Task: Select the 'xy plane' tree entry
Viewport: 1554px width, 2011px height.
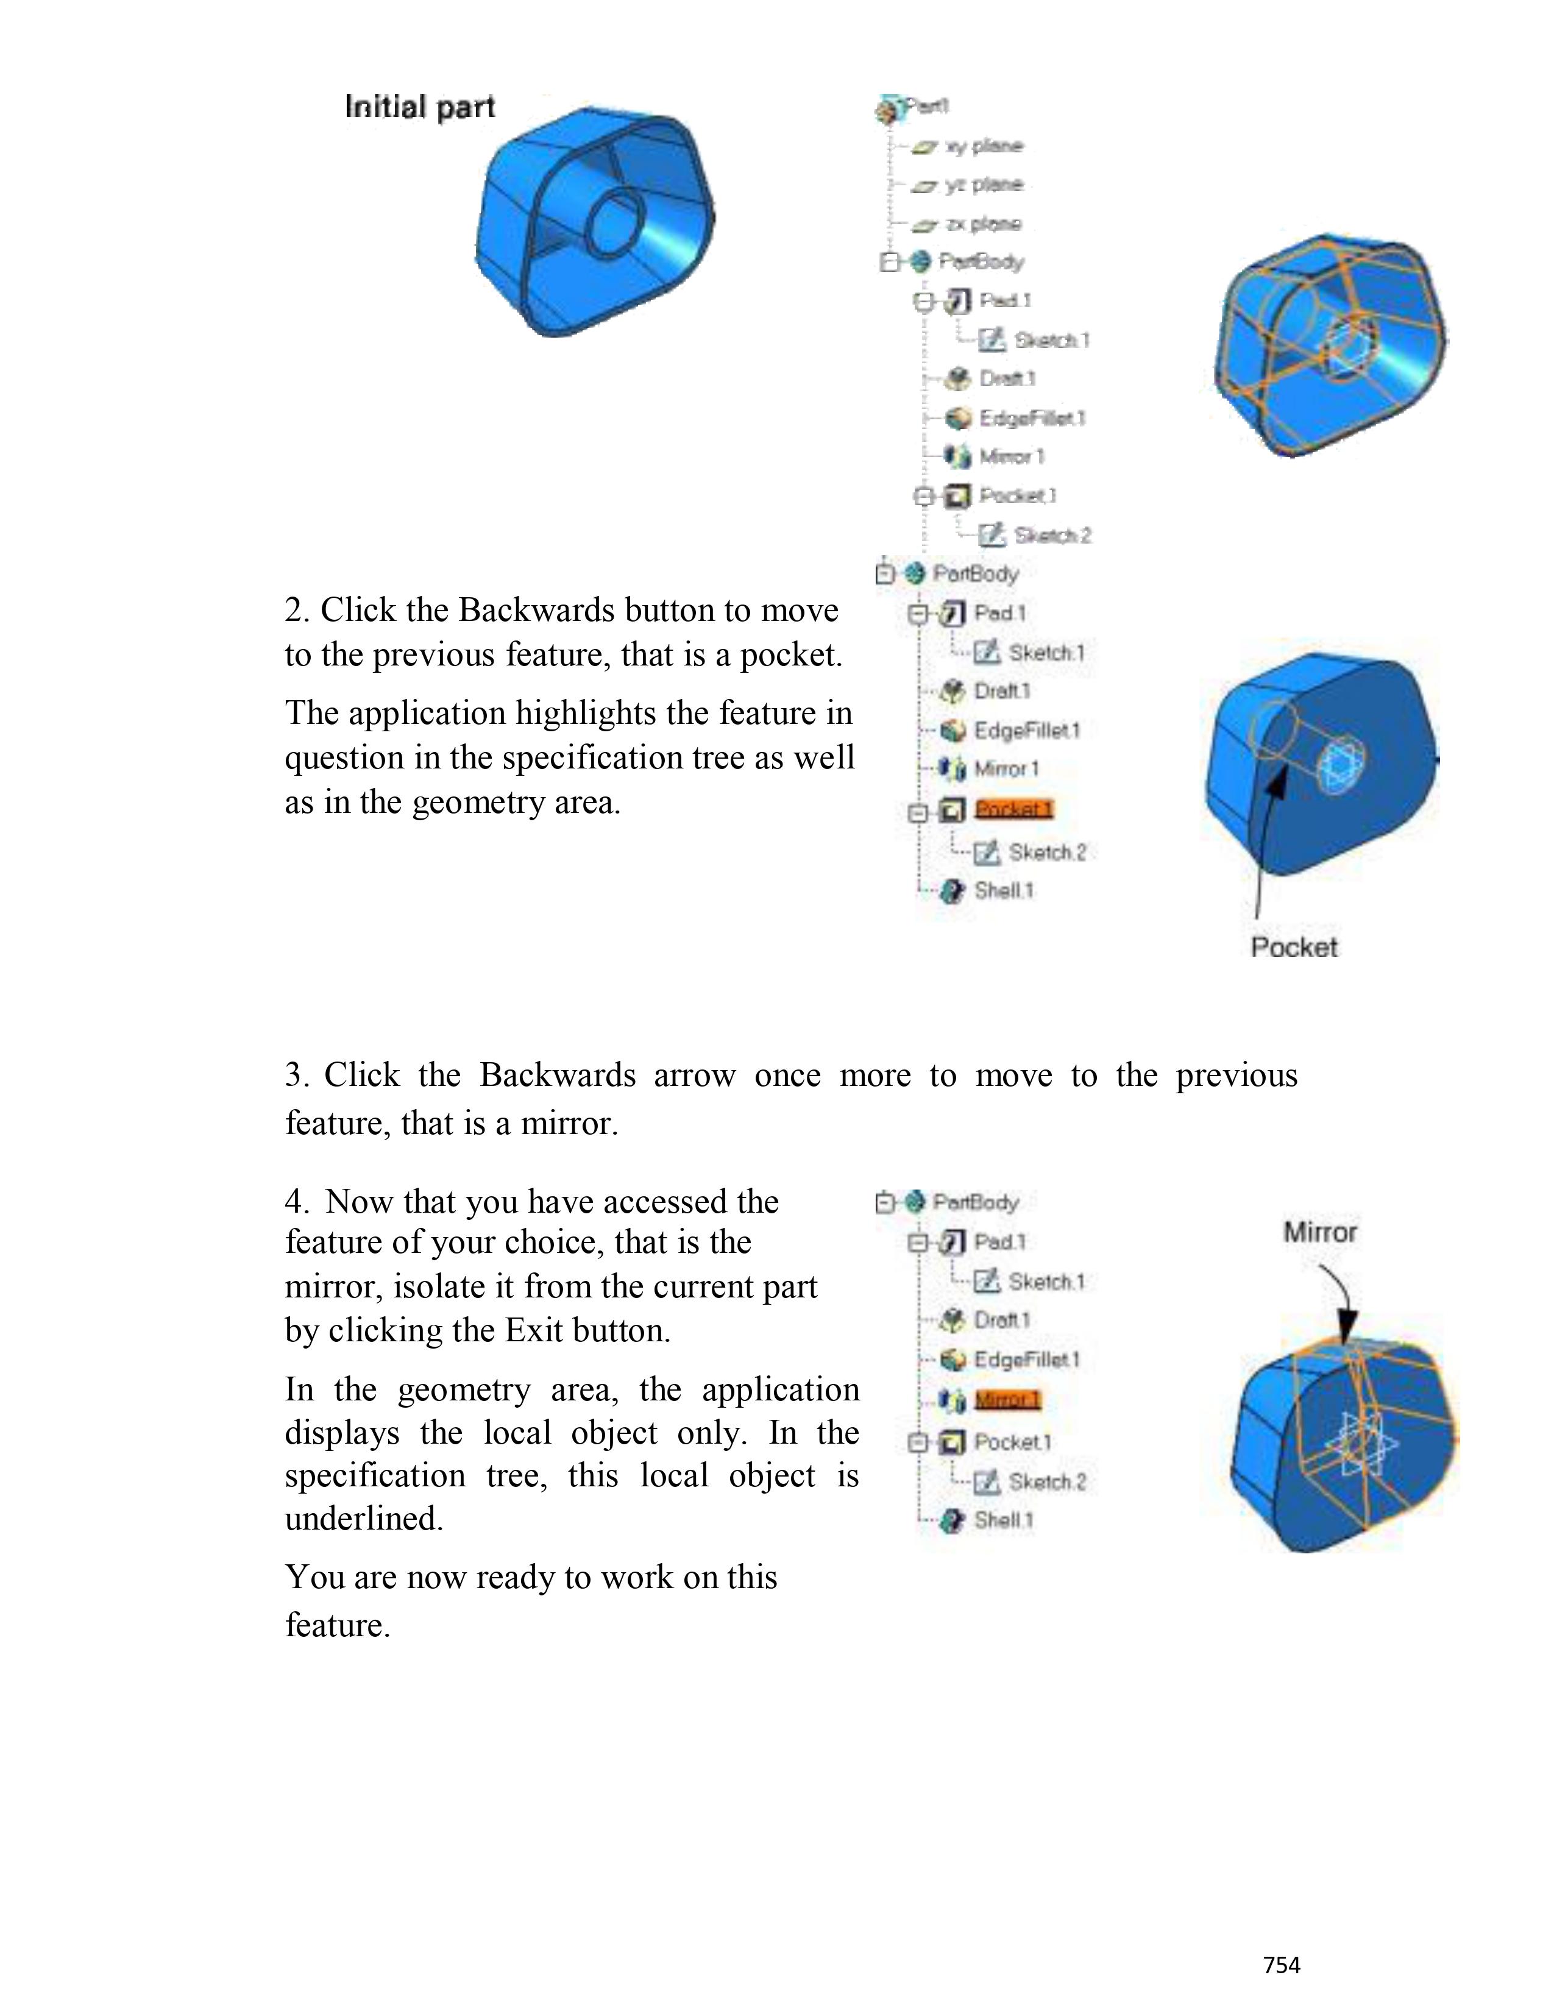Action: (x=983, y=146)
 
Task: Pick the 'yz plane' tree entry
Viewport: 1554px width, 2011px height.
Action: (x=983, y=185)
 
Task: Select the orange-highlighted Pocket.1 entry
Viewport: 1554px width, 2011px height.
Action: (x=1013, y=809)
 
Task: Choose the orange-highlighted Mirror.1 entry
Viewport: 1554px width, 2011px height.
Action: (x=1007, y=1400)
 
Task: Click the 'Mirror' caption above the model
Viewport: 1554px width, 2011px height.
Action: (x=1319, y=1232)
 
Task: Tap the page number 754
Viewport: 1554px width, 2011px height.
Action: (x=1282, y=1965)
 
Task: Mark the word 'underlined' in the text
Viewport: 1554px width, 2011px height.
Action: (x=364, y=1519)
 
